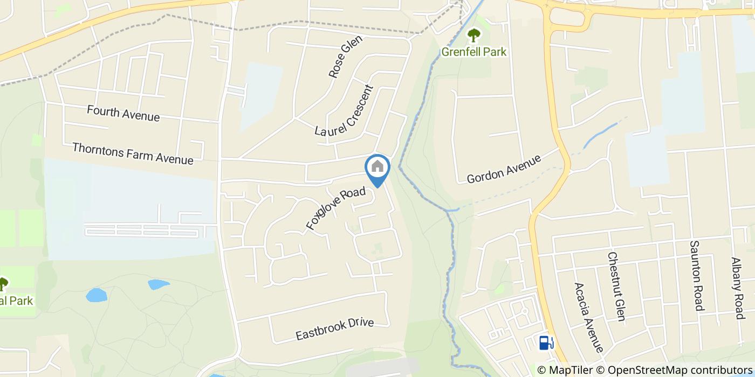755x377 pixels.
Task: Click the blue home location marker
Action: click(x=377, y=168)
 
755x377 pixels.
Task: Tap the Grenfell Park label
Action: click(x=474, y=52)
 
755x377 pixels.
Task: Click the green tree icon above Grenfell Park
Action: click(x=474, y=36)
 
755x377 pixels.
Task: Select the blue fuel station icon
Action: click(x=546, y=342)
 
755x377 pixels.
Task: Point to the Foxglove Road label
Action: click(x=336, y=208)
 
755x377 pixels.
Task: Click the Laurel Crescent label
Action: click(x=344, y=111)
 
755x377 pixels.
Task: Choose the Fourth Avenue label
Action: click(x=123, y=114)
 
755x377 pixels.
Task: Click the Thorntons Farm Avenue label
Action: click(x=132, y=153)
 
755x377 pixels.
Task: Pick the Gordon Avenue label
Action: click(x=504, y=169)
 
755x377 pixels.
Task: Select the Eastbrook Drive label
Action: click(x=334, y=329)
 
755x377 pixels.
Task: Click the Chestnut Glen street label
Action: click(x=616, y=286)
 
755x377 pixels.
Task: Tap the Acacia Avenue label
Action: click(x=589, y=318)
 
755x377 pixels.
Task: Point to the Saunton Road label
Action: click(x=697, y=276)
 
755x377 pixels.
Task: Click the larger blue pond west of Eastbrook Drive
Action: click(x=97, y=295)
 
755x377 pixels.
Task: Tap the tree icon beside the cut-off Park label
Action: click(x=3, y=283)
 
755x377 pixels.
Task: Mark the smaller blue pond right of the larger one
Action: click(x=158, y=284)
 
